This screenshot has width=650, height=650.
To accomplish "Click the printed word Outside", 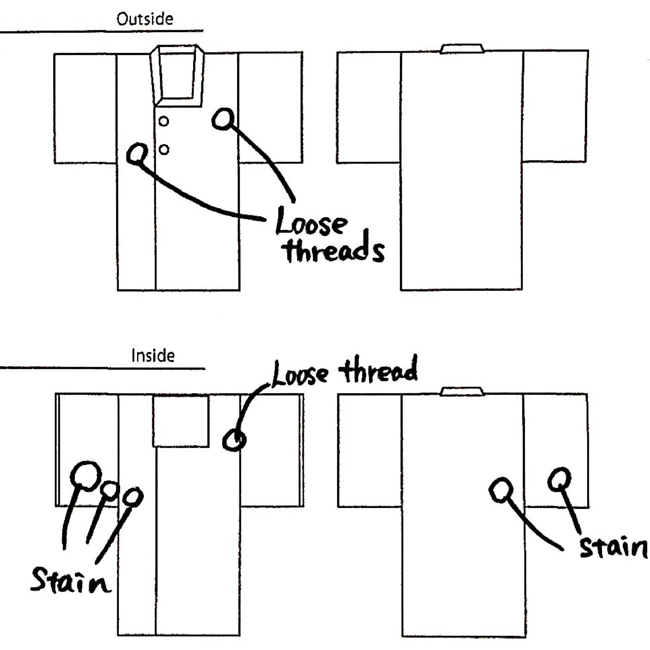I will coord(145,19).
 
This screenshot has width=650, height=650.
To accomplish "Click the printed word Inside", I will coord(153,355).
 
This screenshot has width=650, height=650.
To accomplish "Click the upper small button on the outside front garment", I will coord(164,121).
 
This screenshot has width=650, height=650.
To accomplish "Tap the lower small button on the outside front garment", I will coord(164,149).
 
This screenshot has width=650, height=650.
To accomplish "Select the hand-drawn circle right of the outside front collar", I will coord(223,118).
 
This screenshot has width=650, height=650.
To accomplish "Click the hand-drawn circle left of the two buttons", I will coord(136,154).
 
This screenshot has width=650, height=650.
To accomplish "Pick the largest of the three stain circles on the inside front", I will coord(86,476).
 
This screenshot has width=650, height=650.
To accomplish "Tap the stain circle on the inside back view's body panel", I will coord(501,490).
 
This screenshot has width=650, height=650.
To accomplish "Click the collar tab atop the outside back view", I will coord(462,49).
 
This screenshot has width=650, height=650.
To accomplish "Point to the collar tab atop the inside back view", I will coord(462,391).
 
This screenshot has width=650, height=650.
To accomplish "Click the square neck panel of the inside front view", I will coord(181,421).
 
